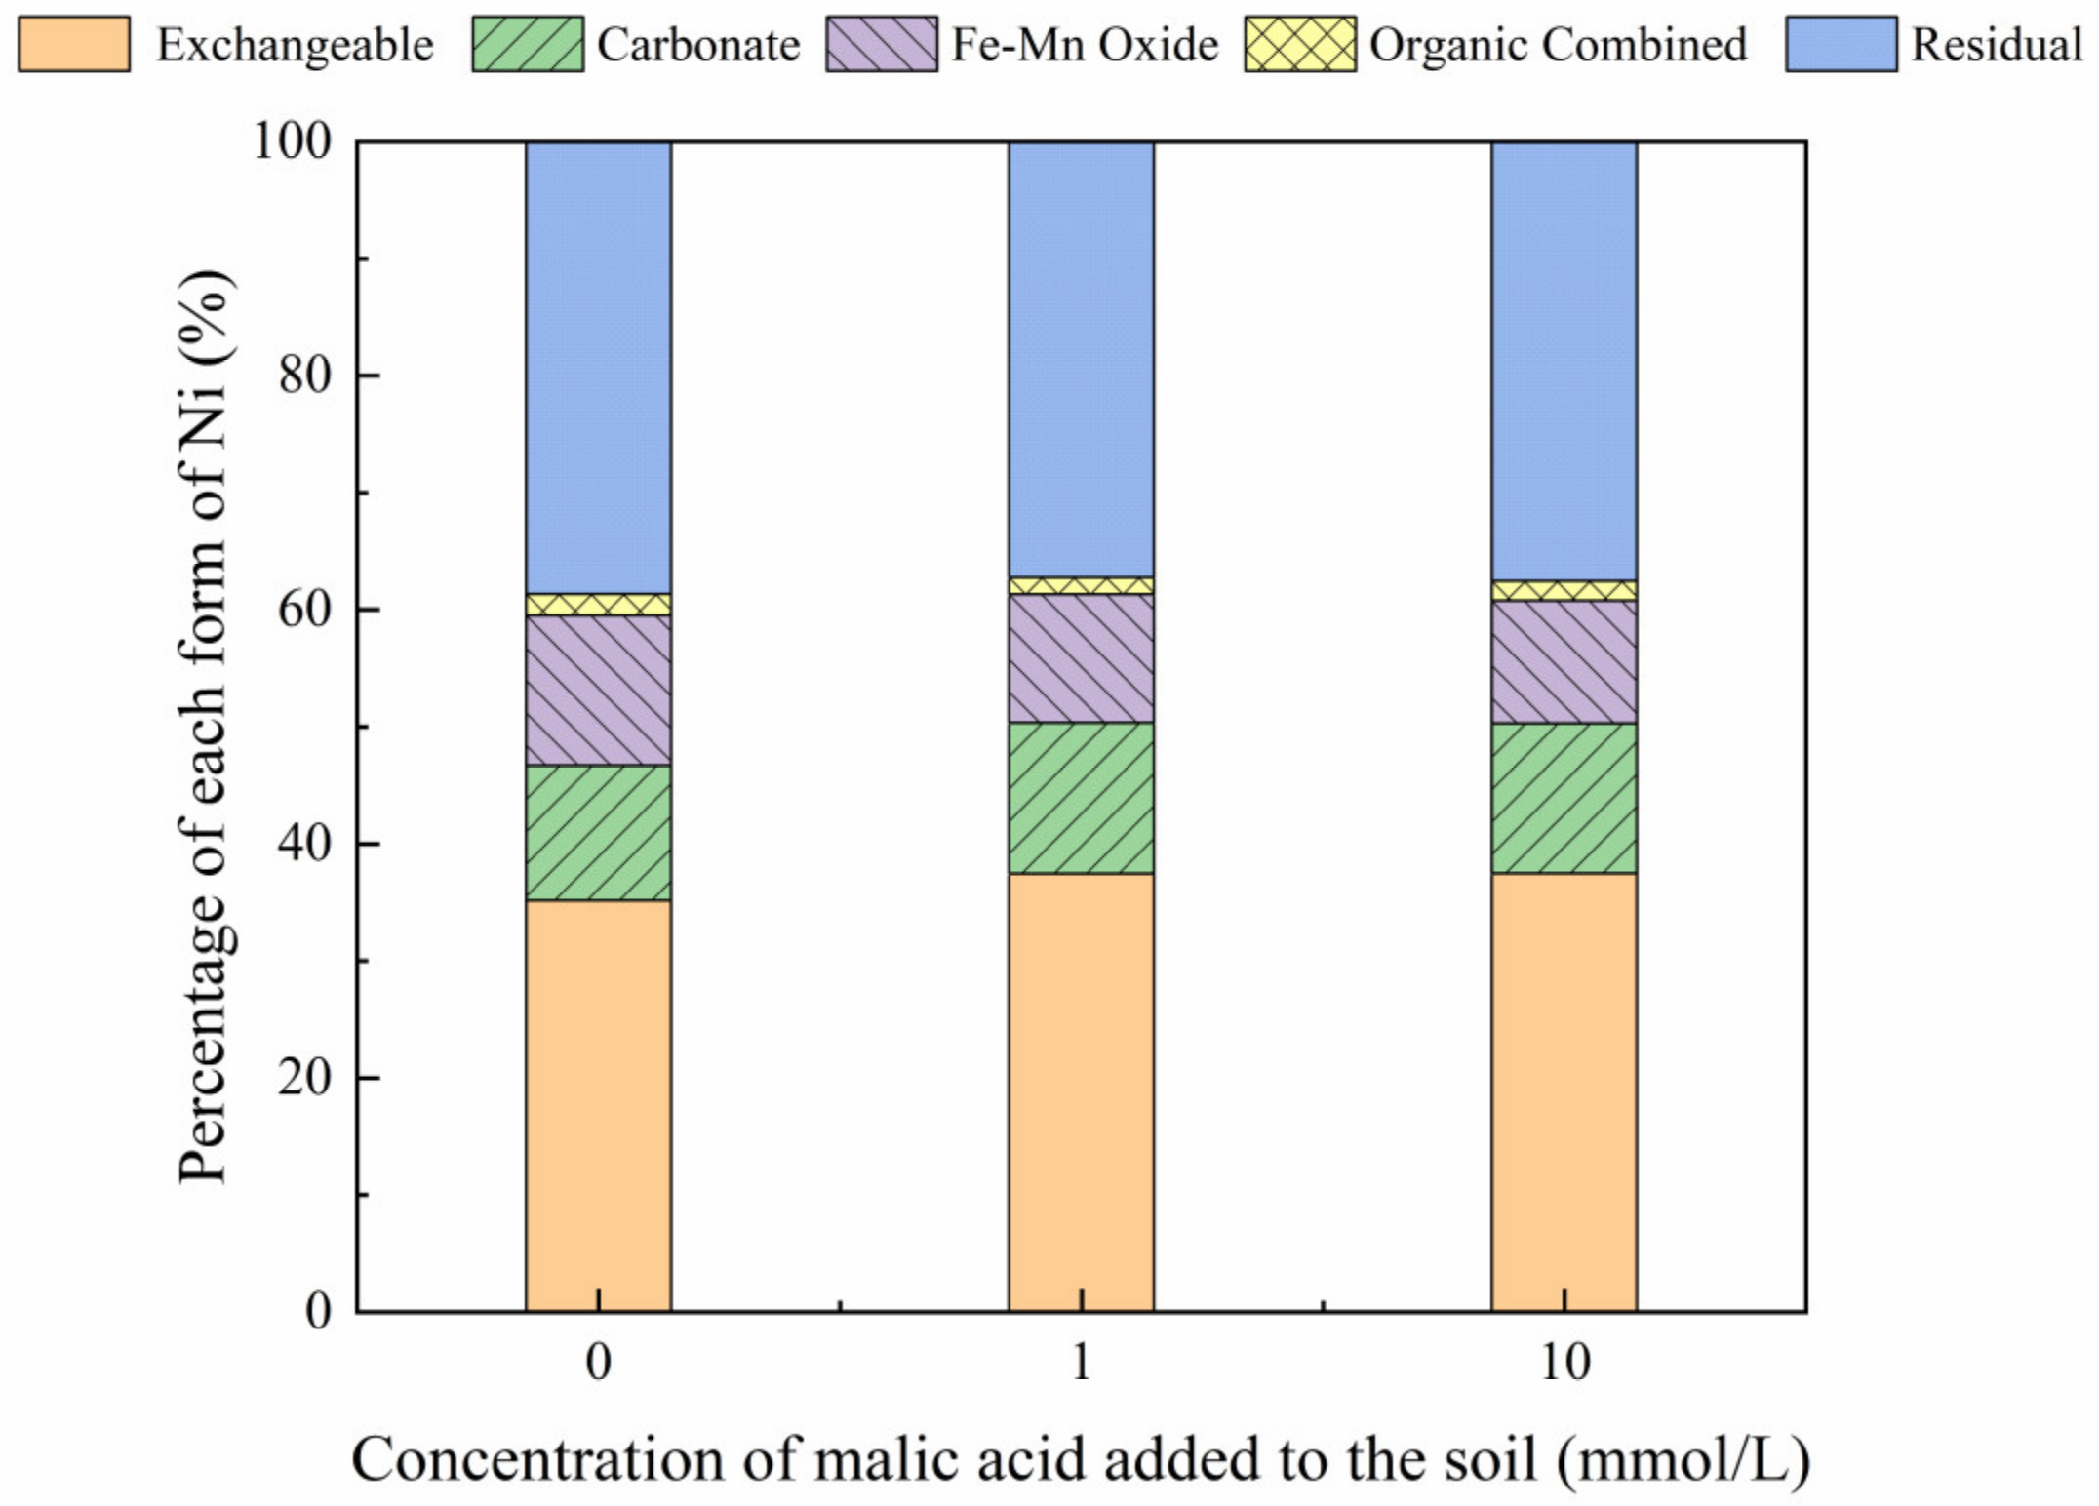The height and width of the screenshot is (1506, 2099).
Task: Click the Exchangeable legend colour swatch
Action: (x=74, y=44)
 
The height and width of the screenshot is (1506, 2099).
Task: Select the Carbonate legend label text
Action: (x=698, y=45)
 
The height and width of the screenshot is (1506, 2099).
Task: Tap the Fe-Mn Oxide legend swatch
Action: (x=881, y=44)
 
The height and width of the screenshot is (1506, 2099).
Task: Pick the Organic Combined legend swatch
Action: (x=1299, y=44)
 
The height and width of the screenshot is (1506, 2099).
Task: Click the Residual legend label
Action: (x=1996, y=45)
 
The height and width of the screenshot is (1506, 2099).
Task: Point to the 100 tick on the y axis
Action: (x=293, y=141)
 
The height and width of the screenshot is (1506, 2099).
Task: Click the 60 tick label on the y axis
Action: (x=304, y=610)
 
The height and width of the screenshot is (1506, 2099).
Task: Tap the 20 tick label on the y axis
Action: (x=304, y=1078)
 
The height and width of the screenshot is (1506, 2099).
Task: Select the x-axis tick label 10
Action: (x=1564, y=1362)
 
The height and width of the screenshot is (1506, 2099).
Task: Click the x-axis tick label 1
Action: (x=1081, y=1362)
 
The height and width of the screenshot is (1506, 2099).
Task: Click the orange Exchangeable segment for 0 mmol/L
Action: (x=598, y=1102)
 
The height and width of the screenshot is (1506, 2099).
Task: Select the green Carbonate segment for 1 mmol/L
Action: (x=1081, y=798)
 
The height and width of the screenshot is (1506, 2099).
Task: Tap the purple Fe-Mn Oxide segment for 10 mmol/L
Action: (x=1564, y=661)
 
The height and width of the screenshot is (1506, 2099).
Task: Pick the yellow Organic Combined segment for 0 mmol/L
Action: (x=598, y=604)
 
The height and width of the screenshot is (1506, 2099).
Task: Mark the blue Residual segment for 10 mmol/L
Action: (x=1564, y=361)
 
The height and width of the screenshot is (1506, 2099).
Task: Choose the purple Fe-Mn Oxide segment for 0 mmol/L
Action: (x=598, y=690)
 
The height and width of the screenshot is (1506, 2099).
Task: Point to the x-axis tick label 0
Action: (x=598, y=1362)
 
